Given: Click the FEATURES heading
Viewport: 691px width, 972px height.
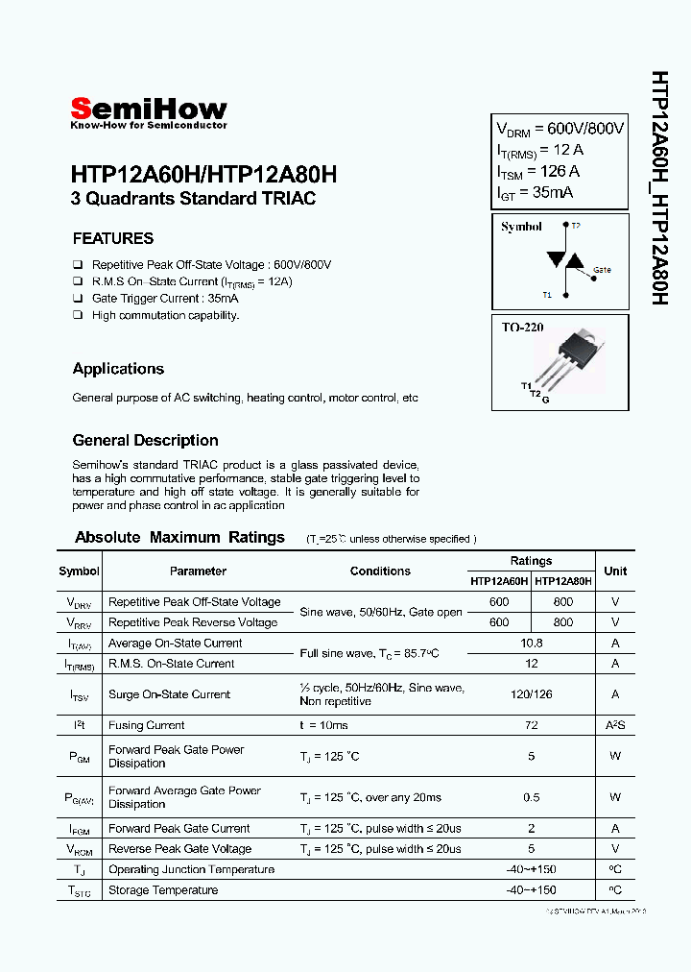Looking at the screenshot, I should click(x=113, y=238).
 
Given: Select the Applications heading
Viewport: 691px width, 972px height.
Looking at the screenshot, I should click(x=118, y=369).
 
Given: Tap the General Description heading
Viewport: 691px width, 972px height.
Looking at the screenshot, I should click(x=146, y=441).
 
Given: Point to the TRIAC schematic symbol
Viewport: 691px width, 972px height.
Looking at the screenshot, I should click(x=562, y=260).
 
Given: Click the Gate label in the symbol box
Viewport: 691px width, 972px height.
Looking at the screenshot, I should click(x=602, y=270).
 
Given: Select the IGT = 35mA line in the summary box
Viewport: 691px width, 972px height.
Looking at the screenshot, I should click(x=535, y=193).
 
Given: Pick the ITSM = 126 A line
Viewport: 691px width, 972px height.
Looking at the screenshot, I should click(x=537, y=171).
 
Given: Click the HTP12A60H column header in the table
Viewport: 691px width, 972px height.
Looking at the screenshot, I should click(x=499, y=581).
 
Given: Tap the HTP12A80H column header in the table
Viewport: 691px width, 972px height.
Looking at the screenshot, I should click(x=563, y=581).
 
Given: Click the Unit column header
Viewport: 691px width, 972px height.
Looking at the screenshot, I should click(x=615, y=571).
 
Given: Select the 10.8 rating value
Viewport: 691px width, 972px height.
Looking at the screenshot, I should click(x=531, y=643).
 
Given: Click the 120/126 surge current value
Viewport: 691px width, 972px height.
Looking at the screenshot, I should click(x=531, y=694).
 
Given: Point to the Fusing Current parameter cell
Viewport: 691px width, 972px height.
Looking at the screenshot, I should click(x=146, y=725).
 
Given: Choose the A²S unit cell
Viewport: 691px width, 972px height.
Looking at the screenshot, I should click(x=615, y=725).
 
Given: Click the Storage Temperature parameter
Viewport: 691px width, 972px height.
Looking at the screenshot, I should click(x=162, y=890).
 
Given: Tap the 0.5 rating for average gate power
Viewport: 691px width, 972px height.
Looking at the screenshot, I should click(x=531, y=797).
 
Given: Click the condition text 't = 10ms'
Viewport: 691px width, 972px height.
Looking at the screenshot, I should click(x=323, y=725).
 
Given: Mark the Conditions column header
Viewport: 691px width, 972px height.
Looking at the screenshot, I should click(x=380, y=571).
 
